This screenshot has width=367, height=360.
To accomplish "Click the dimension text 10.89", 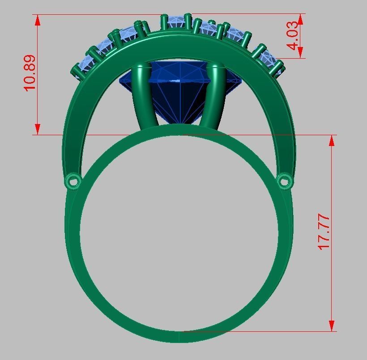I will pos(30,73).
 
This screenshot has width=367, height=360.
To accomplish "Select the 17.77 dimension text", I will pos(324,232).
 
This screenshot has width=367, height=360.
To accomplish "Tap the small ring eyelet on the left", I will pos(73,182).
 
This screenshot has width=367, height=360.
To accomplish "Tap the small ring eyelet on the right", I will pos(284,181).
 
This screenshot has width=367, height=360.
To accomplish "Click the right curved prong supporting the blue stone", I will pos(217,96).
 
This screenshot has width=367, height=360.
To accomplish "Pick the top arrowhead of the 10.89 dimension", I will pos(38,19).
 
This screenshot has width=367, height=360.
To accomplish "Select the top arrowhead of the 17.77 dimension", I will pos(332,140).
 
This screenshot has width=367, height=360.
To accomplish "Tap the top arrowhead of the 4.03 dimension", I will pos(301,18).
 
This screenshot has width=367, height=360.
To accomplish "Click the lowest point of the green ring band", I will pos(179,340).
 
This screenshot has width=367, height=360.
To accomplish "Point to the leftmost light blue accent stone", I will pos(81,69).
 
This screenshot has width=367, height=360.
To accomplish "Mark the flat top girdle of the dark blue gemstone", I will pos(180,81).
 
